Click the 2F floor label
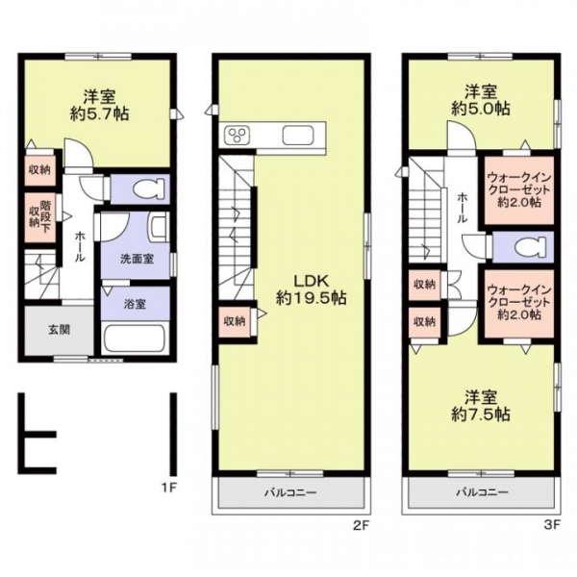point(361,525)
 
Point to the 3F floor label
point(552,525)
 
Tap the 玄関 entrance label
point(59,330)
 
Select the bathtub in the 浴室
point(135,339)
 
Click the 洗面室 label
point(137,259)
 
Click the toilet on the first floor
point(149,188)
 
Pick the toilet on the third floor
point(530,247)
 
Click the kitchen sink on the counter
point(298,136)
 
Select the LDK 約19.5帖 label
point(311,289)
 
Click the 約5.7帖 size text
point(100,114)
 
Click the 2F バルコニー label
point(290,492)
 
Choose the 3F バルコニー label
point(483,492)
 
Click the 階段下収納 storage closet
point(40,217)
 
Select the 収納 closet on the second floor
point(235,321)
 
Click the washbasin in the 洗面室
point(159,228)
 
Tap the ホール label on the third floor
point(462,209)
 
